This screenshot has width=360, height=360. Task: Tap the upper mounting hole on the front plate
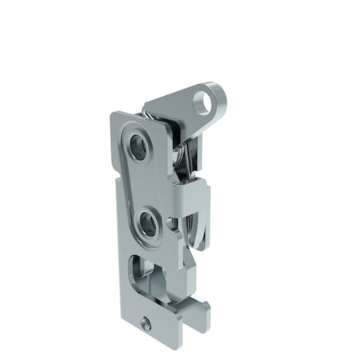(x=139, y=146)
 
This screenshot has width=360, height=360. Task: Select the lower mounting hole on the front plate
(x=148, y=223)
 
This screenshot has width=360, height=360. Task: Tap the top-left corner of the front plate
(x=114, y=117)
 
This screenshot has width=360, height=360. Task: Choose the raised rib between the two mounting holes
(x=144, y=184)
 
